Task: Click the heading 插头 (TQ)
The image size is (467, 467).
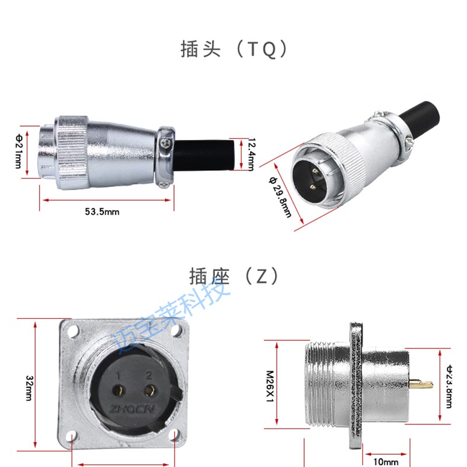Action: click(233, 50)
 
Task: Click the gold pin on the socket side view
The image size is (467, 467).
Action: click(420, 385)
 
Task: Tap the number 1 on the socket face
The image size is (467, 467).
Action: click(118, 375)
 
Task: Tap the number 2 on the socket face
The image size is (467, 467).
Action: click(149, 375)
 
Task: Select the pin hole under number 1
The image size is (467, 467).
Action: click(119, 391)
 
